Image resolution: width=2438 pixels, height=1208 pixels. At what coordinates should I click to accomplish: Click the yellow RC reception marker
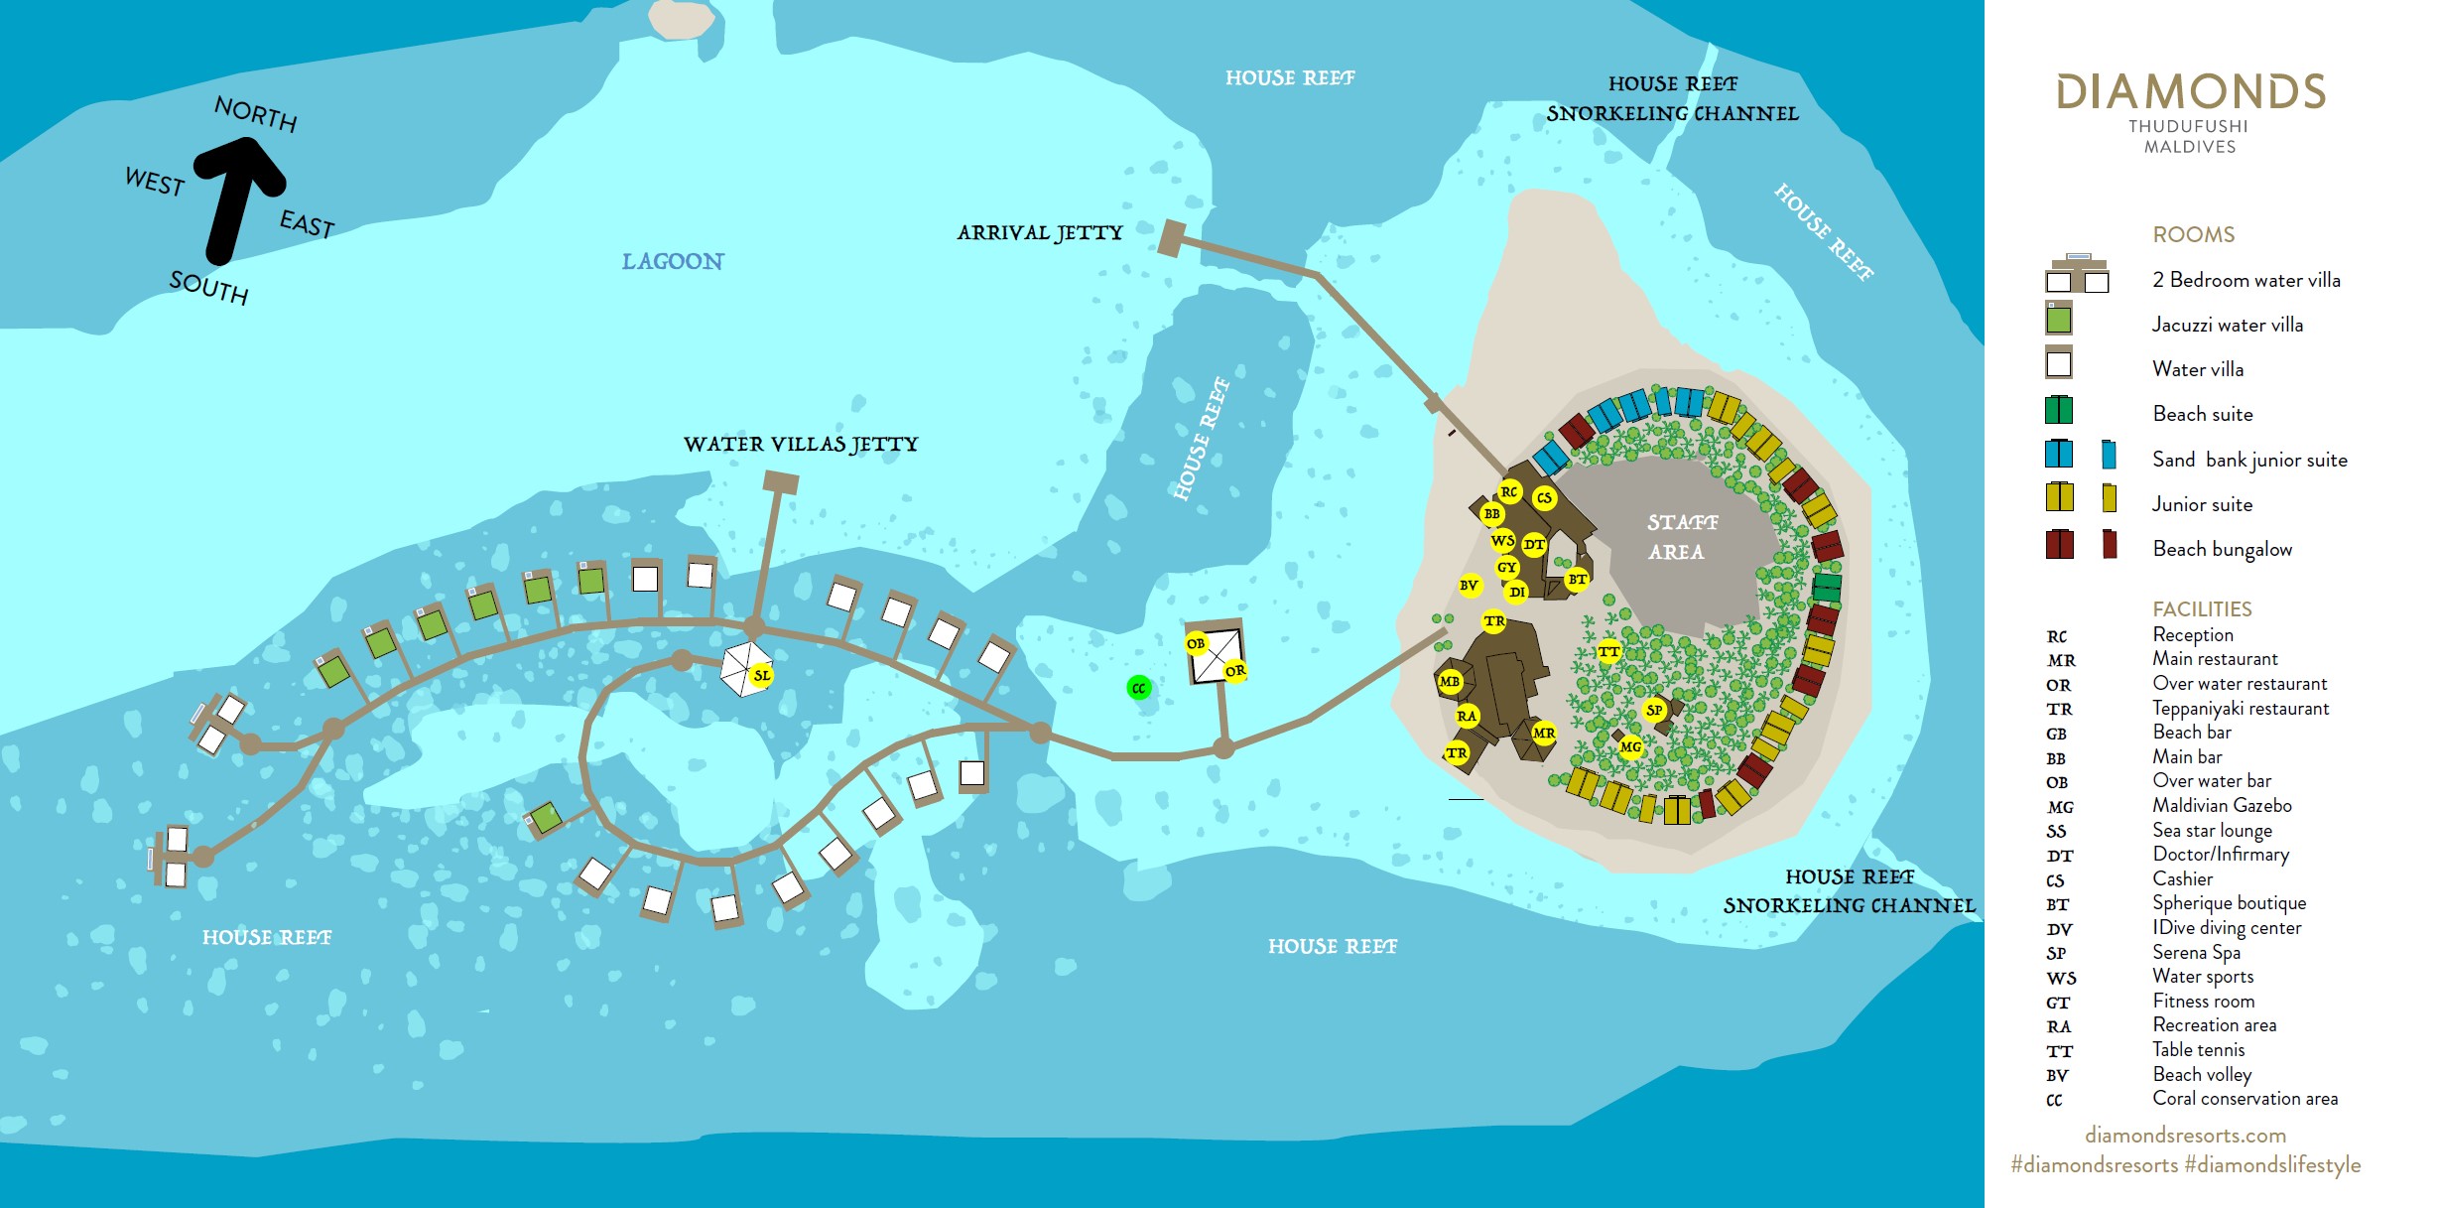point(1509,491)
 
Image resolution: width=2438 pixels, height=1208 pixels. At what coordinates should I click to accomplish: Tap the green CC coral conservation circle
point(1139,688)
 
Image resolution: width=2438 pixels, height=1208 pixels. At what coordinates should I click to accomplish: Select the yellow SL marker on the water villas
point(761,675)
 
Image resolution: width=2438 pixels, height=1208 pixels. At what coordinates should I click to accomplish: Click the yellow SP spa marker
point(1654,710)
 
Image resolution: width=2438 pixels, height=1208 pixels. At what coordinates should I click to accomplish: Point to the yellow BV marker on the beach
point(1470,586)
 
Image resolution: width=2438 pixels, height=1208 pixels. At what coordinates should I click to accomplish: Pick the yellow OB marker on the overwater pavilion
point(1197,643)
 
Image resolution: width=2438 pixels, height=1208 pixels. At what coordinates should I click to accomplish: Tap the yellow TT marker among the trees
point(1608,652)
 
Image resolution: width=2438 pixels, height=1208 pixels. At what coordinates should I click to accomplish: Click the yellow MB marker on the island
point(1450,682)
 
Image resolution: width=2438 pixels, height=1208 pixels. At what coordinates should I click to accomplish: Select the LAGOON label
point(673,261)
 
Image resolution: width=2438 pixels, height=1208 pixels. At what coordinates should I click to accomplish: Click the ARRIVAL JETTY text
point(1039,232)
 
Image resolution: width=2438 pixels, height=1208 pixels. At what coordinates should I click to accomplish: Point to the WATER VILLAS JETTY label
point(801,444)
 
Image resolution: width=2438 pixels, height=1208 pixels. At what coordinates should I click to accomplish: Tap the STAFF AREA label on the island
point(1680,536)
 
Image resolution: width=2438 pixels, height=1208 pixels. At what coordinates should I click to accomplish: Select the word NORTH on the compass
point(256,113)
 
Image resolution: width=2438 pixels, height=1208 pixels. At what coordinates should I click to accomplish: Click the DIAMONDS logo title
point(2190,92)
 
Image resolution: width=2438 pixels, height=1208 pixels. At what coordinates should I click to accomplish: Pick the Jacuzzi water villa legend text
point(2227,325)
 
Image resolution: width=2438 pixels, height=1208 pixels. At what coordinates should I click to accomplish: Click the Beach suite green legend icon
point(2059,410)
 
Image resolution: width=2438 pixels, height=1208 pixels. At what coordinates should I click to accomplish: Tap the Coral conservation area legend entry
point(2245,1099)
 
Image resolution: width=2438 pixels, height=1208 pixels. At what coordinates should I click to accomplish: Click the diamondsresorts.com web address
point(2185,1135)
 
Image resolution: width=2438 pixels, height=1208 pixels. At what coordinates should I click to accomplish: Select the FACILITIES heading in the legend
point(2202,608)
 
